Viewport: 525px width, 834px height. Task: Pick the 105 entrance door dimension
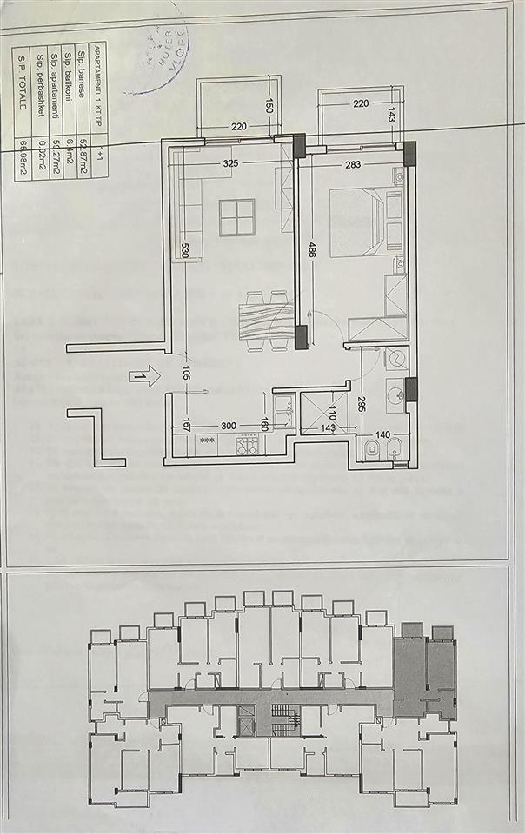(185, 374)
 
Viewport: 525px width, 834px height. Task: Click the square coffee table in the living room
(236, 217)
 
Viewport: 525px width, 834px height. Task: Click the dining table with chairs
(265, 319)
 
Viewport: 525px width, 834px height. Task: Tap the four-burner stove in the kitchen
(247, 446)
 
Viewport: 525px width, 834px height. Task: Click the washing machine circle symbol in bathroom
(398, 359)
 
